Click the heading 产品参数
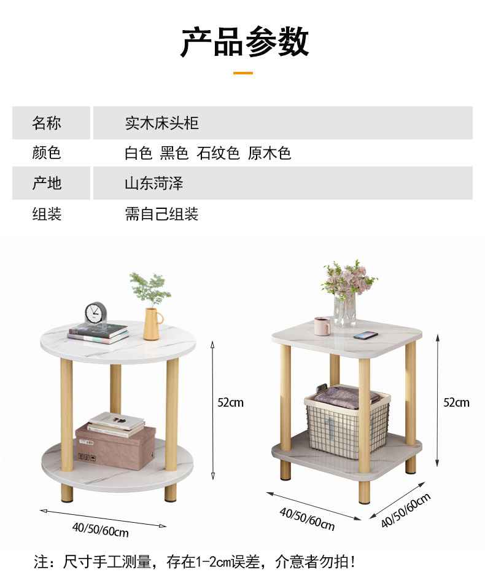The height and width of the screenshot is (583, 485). tap(244, 42)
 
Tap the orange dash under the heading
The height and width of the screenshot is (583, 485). tap(243, 73)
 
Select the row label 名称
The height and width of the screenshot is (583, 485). tap(47, 123)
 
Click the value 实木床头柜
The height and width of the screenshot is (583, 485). tap(161, 123)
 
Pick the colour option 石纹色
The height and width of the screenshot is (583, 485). tap(218, 153)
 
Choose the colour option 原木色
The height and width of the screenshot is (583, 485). tap(269, 153)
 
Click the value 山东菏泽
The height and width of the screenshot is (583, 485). tap(154, 183)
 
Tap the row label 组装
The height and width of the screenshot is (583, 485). tap(47, 214)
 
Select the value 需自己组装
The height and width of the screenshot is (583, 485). tap(161, 214)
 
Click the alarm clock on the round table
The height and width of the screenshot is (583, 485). tap(96, 314)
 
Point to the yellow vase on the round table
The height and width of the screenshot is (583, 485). tap(152, 323)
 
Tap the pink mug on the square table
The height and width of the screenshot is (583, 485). tap(322, 326)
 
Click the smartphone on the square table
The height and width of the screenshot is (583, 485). tap(365, 335)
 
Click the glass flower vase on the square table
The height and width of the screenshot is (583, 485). tap(345, 310)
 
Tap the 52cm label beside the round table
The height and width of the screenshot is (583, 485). tap(231, 402)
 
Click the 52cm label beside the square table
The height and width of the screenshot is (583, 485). tap(456, 402)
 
